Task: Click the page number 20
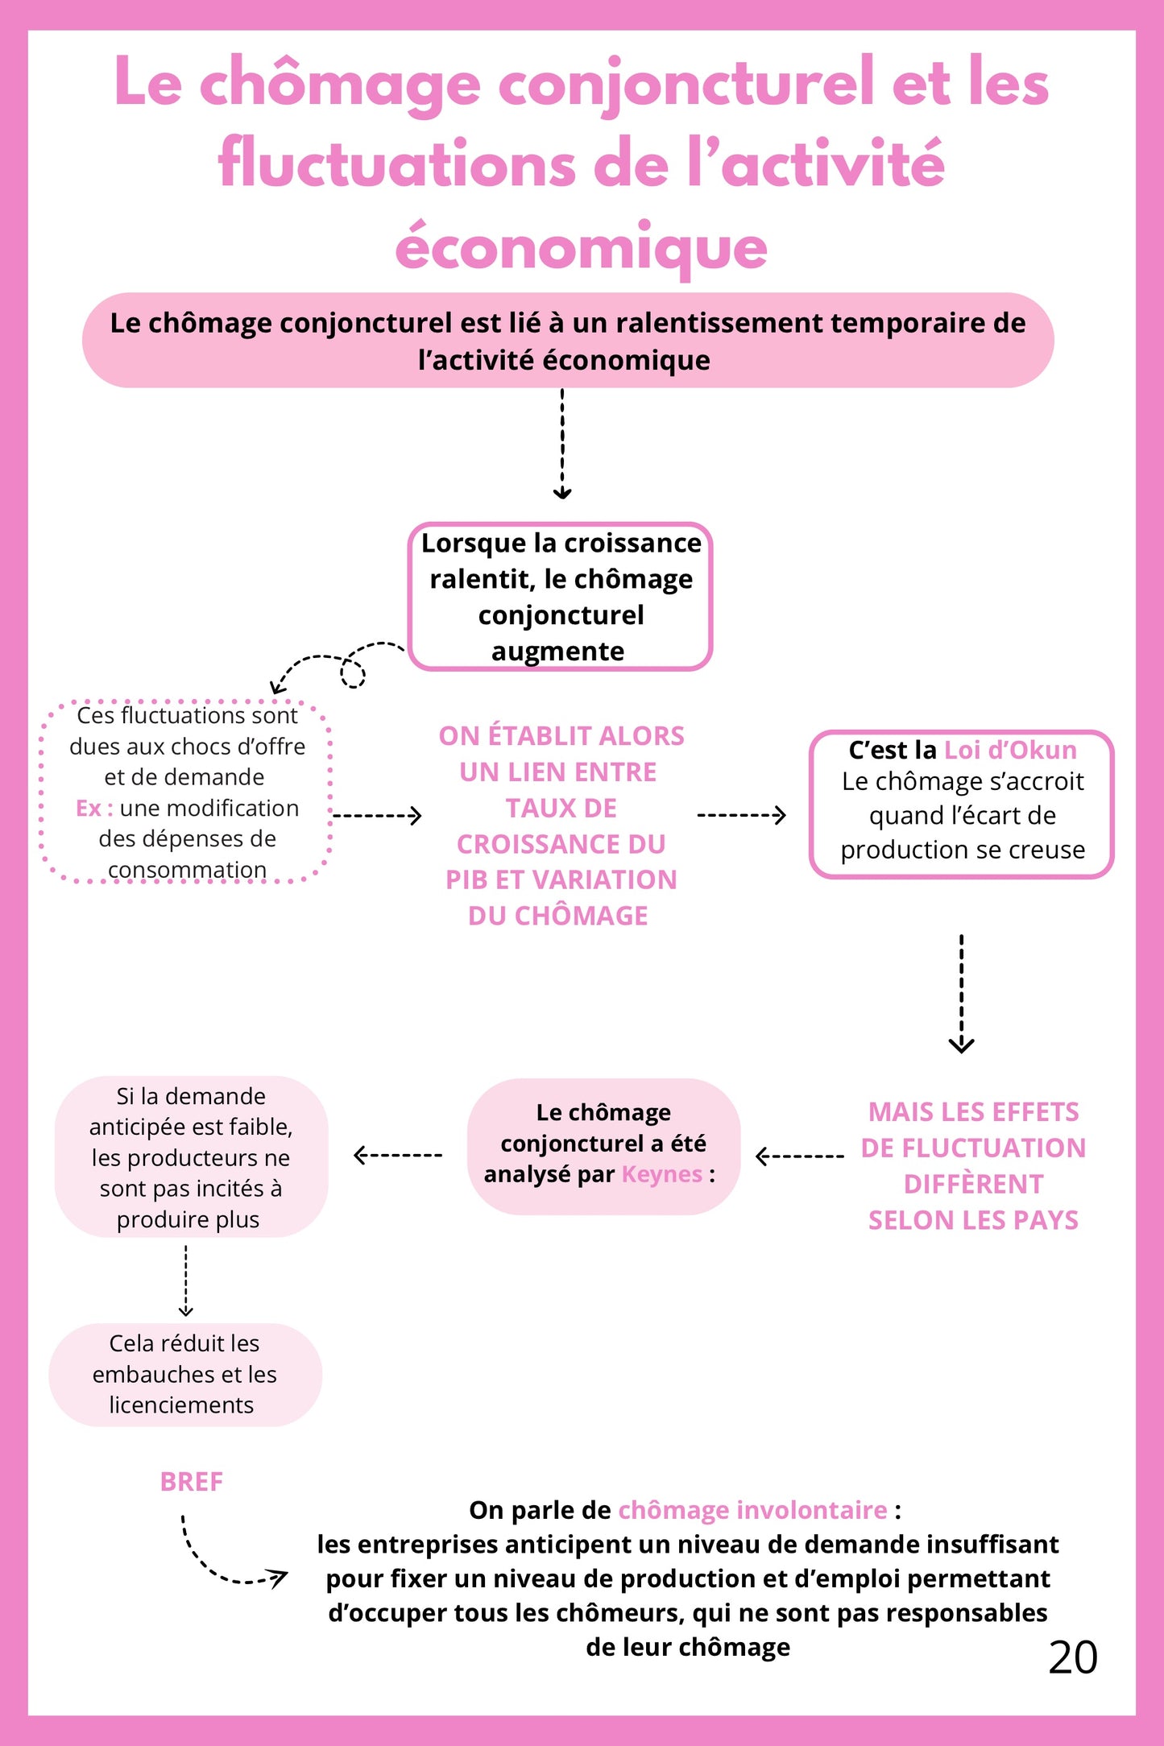coord(1072,1657)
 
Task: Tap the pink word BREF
coord(191,1482)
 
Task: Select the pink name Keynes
coord(662,1174)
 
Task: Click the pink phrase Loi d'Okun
coord(1009,750)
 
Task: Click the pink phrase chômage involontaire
coord(752,1510)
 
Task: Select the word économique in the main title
coord(581,247)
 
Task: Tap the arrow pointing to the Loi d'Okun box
coord(741,815)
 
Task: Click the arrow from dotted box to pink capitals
coord(377,816)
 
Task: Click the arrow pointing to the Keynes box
coord(799,1156)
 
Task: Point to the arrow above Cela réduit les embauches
coord(185,1281)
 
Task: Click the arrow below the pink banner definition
coord(562,445)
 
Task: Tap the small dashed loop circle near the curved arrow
coord(353,672)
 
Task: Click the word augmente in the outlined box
coord(557,651)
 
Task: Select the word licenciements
coord(181,1405)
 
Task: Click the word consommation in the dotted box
coord(187,870)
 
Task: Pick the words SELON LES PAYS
coord(972,1220)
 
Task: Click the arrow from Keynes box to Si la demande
coord(398,1155)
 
